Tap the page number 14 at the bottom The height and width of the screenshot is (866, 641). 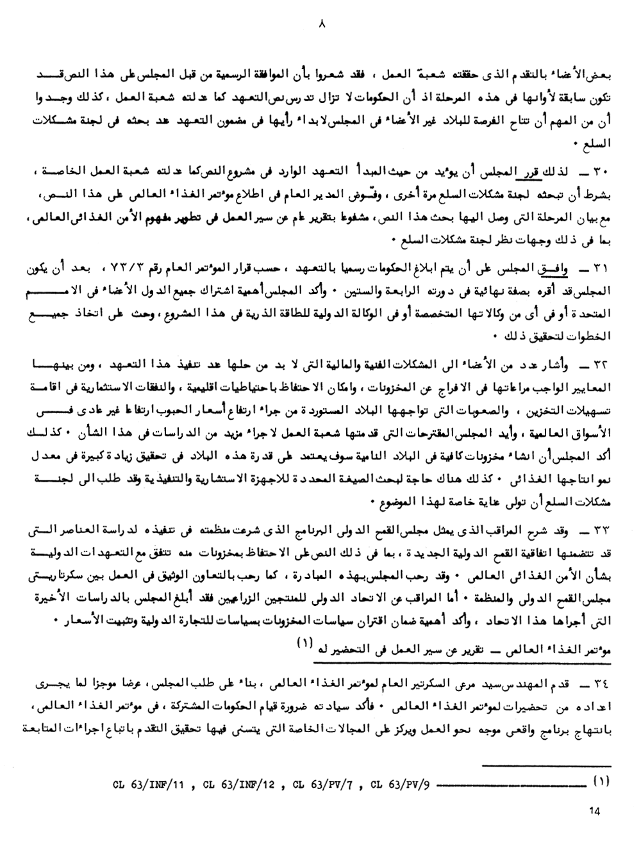click(593, 811)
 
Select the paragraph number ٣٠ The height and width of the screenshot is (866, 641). click(604, 173)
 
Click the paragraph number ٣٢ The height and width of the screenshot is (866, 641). click(604, 365)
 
